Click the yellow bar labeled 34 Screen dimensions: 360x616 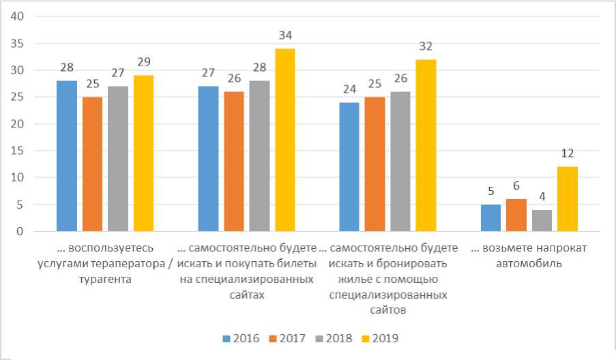coord(284,140)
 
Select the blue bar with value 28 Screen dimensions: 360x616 coord(67,156)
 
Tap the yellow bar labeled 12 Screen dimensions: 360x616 coord(568,199)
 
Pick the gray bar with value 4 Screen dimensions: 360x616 coord(542,220)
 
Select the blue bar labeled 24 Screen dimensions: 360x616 coord(349,167)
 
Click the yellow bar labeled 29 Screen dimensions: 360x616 coord(143,153)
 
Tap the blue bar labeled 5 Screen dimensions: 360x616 coord(490,218)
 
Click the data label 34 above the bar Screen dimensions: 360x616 coord(285,35)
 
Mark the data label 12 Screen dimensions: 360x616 coord(568,153)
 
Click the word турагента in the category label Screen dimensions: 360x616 coord(106,279)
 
